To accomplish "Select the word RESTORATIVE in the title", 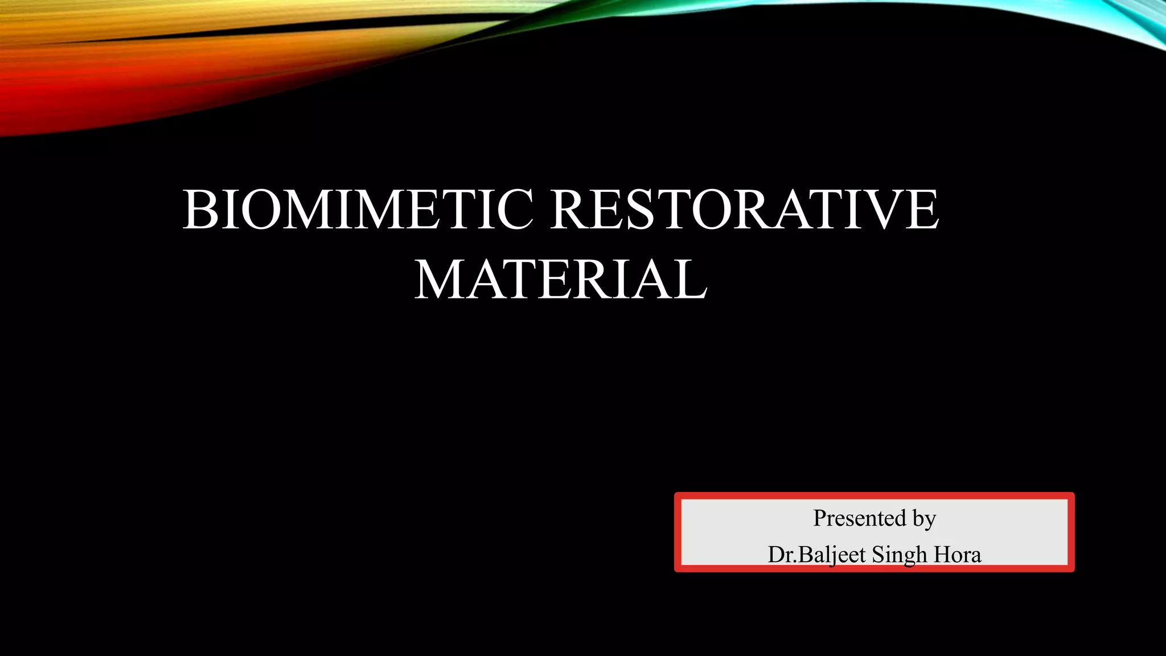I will coord(745,210).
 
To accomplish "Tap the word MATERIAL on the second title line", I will coord(561,280).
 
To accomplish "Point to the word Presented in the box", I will coord(859,518).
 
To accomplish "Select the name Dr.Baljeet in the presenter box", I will coord(816,555).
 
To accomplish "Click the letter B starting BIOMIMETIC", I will coord(199,210).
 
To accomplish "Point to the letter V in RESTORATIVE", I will coord(884,210).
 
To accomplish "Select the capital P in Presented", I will coord(820,518).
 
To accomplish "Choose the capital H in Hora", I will coord(942,555).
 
